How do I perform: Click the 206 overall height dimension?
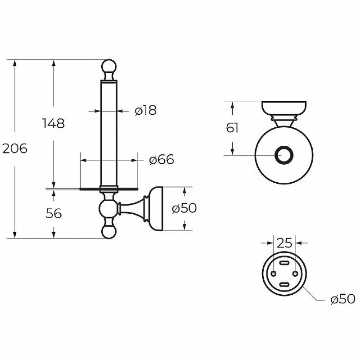point(15,149)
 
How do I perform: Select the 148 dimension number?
point(54,123)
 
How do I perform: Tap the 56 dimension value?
point(54,213)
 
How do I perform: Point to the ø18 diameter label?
point(146,110)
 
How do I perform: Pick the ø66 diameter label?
point(162,159)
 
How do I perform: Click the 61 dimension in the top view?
point(232,128)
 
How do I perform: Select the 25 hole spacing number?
point(284,243)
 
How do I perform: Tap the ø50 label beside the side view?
point(184,208)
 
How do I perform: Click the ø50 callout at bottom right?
point(343,299)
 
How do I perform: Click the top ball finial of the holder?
point(109,67)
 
